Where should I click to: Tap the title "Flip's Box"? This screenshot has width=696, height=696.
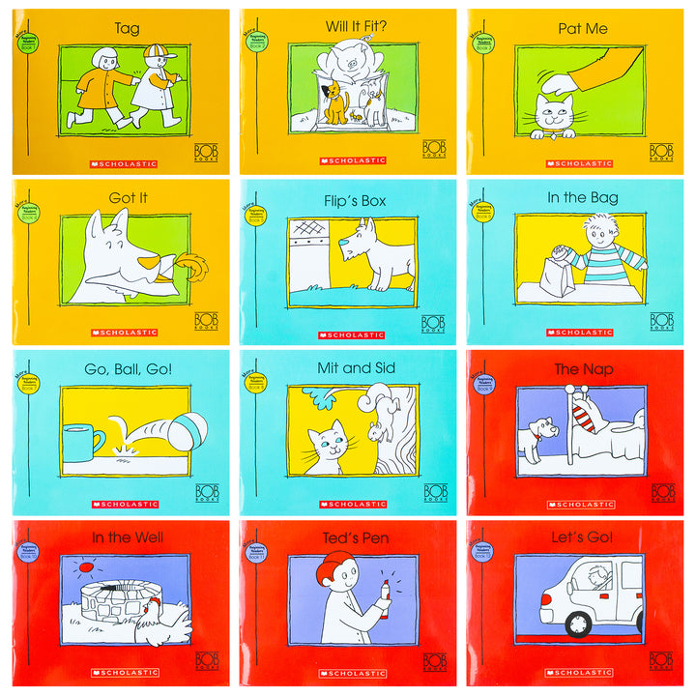coord(348,198)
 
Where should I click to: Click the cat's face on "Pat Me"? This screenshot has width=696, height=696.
coord(553,118)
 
